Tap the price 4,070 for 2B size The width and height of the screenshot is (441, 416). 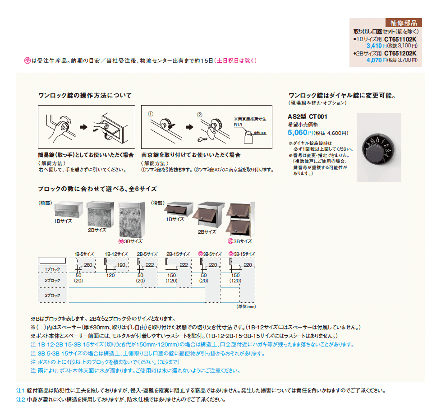[x=374, y=59]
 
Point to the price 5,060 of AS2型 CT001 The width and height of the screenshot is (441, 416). [x=298, y=133]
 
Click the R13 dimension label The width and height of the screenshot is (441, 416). [x=238, y=125]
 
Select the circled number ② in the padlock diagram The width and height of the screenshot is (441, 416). [x=199, y=114]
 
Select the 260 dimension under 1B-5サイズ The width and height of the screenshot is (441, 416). [x=88, y=265]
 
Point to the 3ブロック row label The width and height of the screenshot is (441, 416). [x=52, y=295]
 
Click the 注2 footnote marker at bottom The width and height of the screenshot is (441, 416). [x=20, y=399]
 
